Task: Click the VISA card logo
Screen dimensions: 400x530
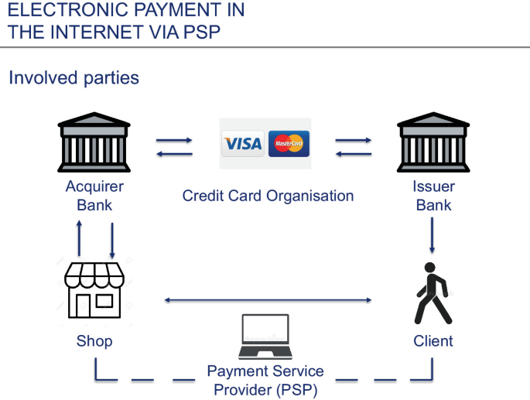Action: (243, 144)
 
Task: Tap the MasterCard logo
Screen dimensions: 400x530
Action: (289, 144)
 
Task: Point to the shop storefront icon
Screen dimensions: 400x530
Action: (94, 290)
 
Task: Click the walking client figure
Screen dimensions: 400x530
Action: (433, 294)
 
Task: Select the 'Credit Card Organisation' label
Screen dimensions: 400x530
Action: (268, 196)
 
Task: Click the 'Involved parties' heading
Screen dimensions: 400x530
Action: (74, 78)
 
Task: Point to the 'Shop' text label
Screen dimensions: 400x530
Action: (94, 341)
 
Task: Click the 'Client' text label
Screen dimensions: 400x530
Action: (433, 341)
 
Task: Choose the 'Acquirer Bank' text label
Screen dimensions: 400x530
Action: (94, 196)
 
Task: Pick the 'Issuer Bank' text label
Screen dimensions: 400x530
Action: (433, 196)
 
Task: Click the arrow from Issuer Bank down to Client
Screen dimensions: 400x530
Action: (432, 235)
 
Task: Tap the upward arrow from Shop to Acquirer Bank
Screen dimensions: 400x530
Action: (79, 239)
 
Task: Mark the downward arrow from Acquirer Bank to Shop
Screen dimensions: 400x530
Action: (112, 241)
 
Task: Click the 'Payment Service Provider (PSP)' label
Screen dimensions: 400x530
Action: (265, 381)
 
